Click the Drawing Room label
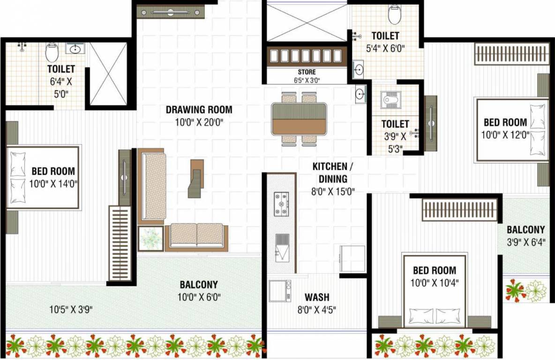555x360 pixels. pyautogui.click(x=199, y=110)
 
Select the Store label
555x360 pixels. pyautogui.click(x=307, y=72)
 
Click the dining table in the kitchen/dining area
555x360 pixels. pyautogui.click(x=299, y=119)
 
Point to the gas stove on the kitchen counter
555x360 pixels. pyautogui.click(x=281, y=205)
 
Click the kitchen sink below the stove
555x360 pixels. pyautogui.click(x=282, y=247)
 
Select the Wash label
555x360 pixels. pyautogui.click(x=317, y=297)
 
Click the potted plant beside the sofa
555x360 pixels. pyautogui.click(x=150, y=239)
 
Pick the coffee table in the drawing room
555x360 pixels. pyautogui.click(x=196, y=178)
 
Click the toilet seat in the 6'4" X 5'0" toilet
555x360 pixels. pyautogui.click(x=52, y=52)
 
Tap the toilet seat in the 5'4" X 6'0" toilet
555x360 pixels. pyautogui.click(x=395, y=14)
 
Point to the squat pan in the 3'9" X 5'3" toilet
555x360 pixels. pyautogui.click(x=390, y=99)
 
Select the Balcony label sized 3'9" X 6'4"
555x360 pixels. pyautogui.click(x=526, y=230)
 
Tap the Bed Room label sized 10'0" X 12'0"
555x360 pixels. pyautogui.click(x=505, y=123)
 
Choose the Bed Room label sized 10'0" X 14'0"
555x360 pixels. pyautogui.click(x=53, y=172)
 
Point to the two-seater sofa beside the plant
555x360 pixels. pyautogui.click(x=196, y=235)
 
